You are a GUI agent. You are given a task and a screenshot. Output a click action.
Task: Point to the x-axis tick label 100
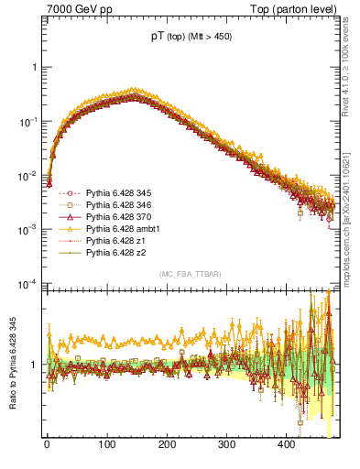click(107, 445)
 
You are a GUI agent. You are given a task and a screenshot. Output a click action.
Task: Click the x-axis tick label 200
click(167, 445)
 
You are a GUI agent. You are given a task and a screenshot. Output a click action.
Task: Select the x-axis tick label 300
click(227, 445)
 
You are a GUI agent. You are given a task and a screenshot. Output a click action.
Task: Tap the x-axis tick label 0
click(48, 445)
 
